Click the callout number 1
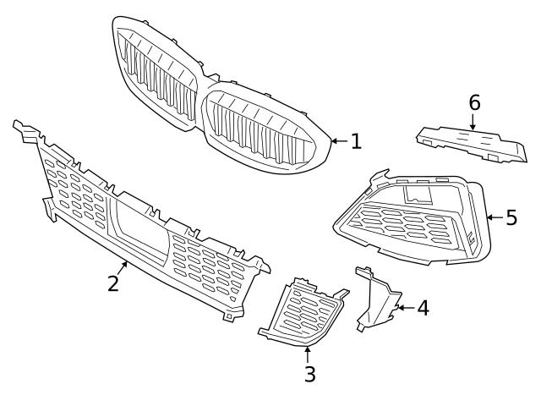tap(356, 141)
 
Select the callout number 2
tap(113, 283)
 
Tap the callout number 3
tap(309, 373)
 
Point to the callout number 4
tap(422, 308)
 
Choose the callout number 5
tap(511, 217)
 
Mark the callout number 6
tap(474, 103)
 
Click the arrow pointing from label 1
tap(338, 141)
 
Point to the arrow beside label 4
tap(403, 308)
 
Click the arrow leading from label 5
tap(494, 217)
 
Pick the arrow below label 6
tap(473, 122)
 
